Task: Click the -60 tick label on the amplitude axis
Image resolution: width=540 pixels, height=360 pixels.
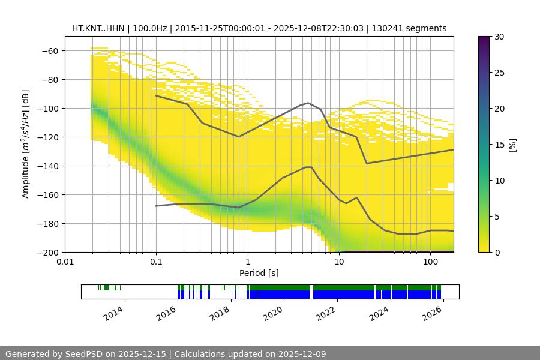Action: pyautogui.click(x=50, y=50)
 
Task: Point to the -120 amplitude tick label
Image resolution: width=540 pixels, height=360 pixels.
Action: pyautogui.click(x=48, y=137)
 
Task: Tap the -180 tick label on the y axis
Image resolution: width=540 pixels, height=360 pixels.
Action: pyautogui.click(x=48, y=223)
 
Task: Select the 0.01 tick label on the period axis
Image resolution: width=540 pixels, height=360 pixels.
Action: pyautogui.click(x=65, y=262)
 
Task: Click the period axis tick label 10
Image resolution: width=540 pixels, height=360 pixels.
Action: pyautogui.click(x=339, y=262)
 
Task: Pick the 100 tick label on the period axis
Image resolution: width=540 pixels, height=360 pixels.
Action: pyautogui.click(x=430, y=262)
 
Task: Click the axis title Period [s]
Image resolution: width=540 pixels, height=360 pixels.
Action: pyautogui.click(x=259, y=273)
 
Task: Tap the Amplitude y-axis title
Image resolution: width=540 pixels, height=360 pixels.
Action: pyautogui.click(x=26, y=144)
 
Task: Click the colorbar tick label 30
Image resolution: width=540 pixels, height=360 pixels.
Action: pyautogui.click(x=499, y=37)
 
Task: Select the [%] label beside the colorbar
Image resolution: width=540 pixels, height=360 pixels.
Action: pyautogui.click(x=512, y=145)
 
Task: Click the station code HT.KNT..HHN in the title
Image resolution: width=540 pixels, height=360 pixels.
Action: pyautogui.click(x=98, y=28)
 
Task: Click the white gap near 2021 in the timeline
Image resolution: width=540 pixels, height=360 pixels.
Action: pyautogui.click(x=311, y=292)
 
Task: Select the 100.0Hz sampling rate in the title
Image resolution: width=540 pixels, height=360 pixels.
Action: pyautogui.click(x=149, y=28)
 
